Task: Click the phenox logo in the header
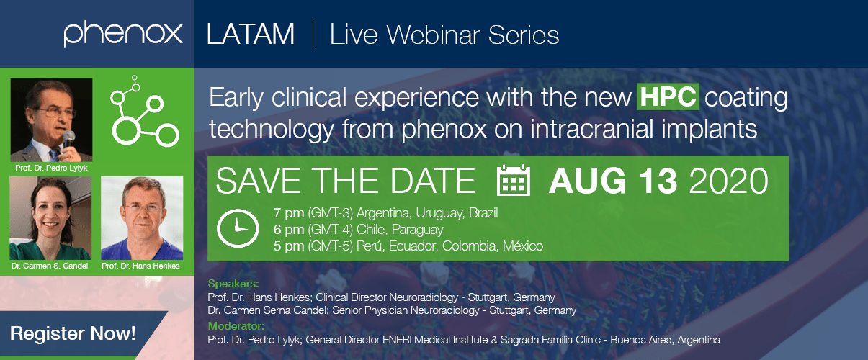tap(123, 34)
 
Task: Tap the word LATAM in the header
tap(251, 35)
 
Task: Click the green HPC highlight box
tap(668, 96)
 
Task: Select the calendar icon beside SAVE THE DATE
tap(514, 180)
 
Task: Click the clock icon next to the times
tap(238, 228)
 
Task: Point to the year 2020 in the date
tap(728, 181)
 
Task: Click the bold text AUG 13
tap(612, 181)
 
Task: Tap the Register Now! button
tap(73, 333)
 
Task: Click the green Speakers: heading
tap(233, 284)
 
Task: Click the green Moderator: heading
tap(236, 326)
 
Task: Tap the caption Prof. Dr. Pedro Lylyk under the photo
tap(51, 168)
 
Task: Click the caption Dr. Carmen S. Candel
tap(50, 266)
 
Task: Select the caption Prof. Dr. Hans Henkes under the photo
tap(140, 266)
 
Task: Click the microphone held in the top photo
tap(68, 140)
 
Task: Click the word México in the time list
tap(523, 246)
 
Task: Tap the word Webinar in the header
tap(433, 35)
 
